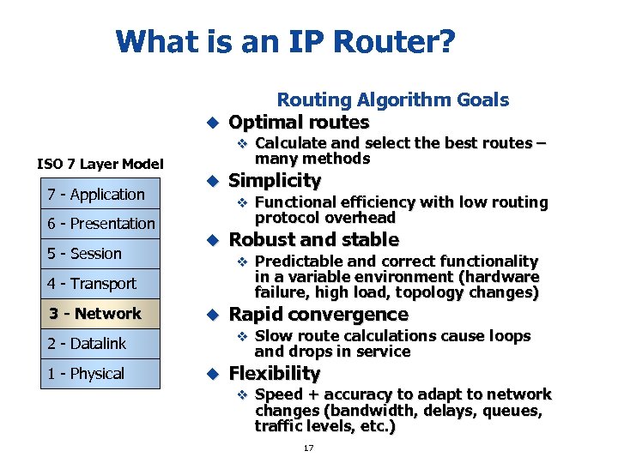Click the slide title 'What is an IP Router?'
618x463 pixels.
286,41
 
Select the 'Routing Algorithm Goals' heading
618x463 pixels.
392,100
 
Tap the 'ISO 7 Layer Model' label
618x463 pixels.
100,164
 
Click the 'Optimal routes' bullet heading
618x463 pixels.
299,123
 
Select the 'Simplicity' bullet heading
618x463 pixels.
275,181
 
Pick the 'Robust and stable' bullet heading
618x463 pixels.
313,239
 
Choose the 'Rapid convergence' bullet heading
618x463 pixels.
318,315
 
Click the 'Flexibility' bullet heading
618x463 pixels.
275,373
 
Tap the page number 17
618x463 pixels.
309,448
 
